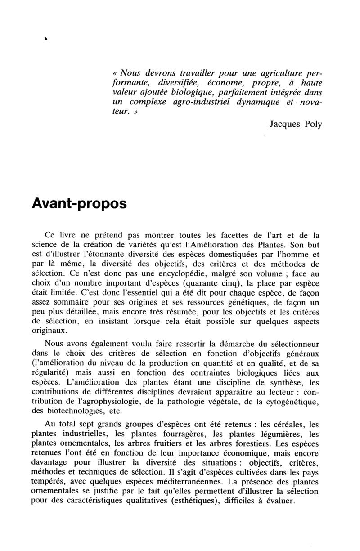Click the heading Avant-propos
[80, 203]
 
